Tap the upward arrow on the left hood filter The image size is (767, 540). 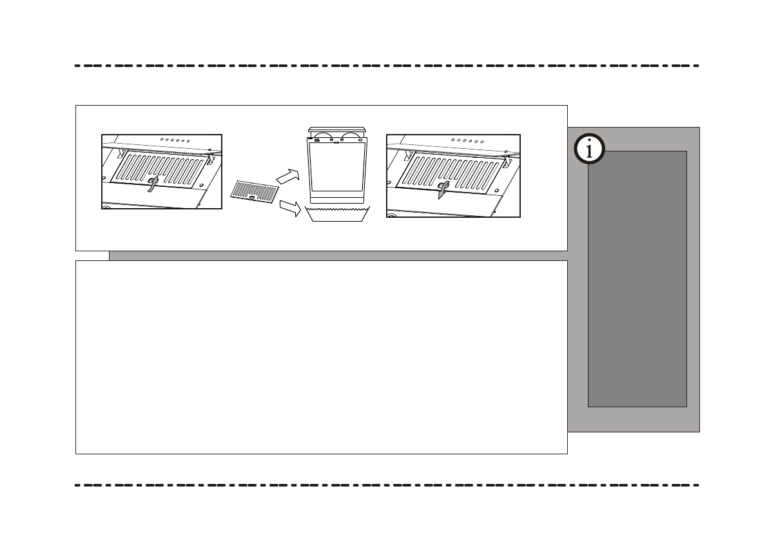[152, 184]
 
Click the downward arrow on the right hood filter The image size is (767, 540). [442, 191]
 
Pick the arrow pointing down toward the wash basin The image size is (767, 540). [289, 207]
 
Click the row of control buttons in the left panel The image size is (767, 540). [175, 140]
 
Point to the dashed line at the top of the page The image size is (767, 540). [387, 66]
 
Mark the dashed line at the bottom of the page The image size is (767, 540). [387, 485]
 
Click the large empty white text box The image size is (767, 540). [321, 357]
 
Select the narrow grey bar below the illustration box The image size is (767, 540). [338, 256]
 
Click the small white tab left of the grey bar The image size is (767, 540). [92, 256]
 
